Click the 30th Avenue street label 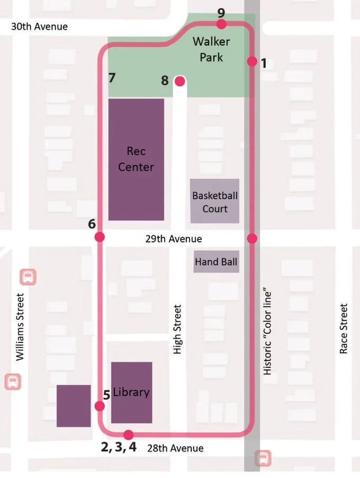point(40,26)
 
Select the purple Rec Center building point(136,159)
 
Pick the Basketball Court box point(214,201)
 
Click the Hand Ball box point(216,262)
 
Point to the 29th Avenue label point(173,239)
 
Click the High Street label point(177,329)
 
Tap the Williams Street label point(20,327)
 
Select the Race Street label point(344,329)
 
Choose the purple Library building point(131,393)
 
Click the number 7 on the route point(112,78)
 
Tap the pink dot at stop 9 point(221,24)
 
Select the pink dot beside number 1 point(252,61)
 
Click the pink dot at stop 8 point(180,81)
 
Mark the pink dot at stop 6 point(100,237)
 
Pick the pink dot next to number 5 point(99,406)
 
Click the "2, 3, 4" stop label point(119,447)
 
